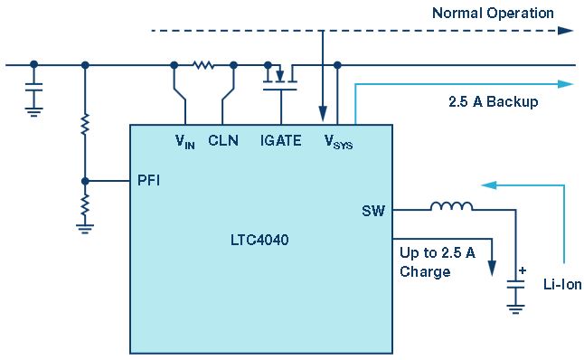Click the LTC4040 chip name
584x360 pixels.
pos(259,240)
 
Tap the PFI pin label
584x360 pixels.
pos(148,180)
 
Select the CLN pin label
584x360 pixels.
pos(223,140)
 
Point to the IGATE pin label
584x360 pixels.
pos(280,140)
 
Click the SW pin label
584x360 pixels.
pos(373,211)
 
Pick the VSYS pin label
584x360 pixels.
pos(338,142)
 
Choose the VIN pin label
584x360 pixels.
pos(184,142)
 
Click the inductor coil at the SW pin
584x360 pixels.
pos(451,206)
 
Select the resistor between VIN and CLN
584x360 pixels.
pos(203,65)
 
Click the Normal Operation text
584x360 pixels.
pos(493,14)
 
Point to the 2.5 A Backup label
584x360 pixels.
pos(493,101)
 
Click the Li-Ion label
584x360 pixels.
pos(562,285)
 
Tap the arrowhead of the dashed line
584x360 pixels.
pos(566,31)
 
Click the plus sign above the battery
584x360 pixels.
pos(523,270)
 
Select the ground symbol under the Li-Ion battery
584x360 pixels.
pos(515,309)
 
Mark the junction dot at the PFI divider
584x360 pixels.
pos(85,182)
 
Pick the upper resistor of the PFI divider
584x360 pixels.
pos(85,125)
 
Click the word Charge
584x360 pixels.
pos(425,271)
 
